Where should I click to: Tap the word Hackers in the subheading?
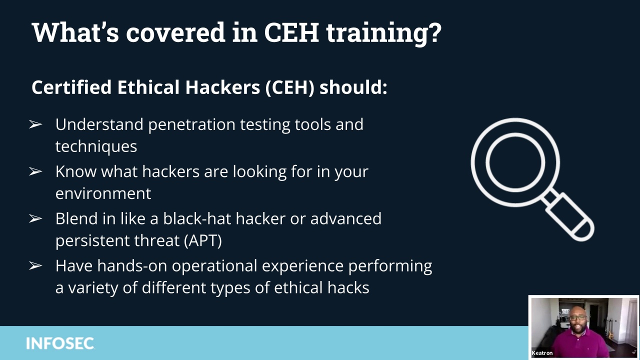(x=222, y=87)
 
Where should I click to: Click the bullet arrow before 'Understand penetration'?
(x=35, y=124)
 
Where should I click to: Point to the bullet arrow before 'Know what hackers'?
(x=35, y=171)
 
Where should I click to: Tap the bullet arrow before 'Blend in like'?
(x=35, y=218)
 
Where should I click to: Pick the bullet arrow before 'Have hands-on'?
(x=35, y=265)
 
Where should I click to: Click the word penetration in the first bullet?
(x=191, y=125)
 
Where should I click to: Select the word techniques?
(x=96, y=147)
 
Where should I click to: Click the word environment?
(x=103, y=193)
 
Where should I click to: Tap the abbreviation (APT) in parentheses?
(x=203, y=240)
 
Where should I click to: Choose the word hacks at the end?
(x=348, y=287)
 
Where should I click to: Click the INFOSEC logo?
(x=60, y=343)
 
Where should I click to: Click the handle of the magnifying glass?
(x=568, y=216)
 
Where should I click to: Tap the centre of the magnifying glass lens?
(x=515, y=162)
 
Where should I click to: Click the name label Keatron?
(x=542, y=353)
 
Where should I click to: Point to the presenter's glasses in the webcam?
(x=577, y=317)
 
